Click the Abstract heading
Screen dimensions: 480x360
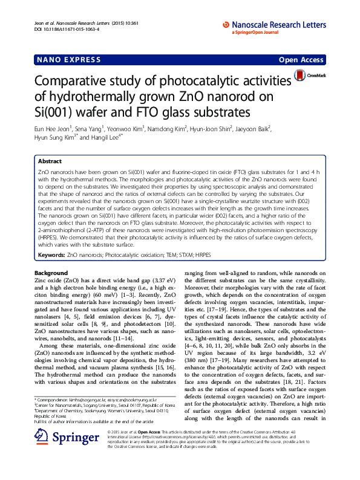pos(50,162)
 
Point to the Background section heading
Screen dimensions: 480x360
pos(51,273)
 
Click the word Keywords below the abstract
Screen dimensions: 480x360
pos(51,256)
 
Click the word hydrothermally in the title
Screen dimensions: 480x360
pos(103,97)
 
